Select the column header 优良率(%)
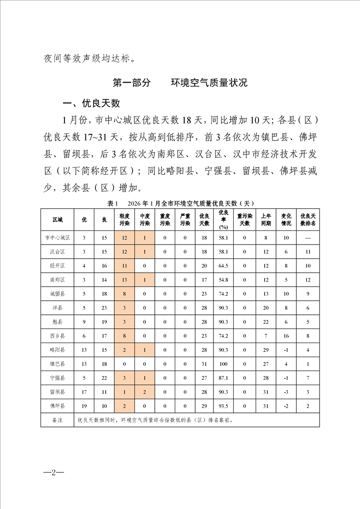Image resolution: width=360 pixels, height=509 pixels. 223,220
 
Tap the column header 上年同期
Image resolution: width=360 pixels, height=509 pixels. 266,220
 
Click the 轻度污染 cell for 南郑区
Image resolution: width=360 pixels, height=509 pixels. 124,280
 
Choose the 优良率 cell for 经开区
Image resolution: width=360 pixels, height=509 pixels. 223,266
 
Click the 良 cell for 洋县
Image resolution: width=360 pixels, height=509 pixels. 104,308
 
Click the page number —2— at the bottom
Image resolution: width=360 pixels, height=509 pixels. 54,472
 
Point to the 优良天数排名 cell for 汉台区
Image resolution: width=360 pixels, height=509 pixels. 308,252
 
